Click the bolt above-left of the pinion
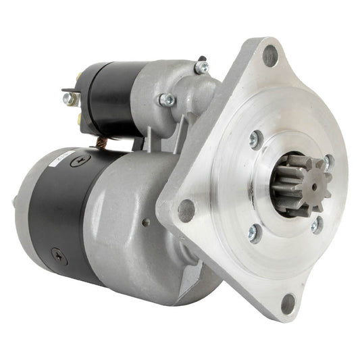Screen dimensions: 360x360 [x=255, y=139]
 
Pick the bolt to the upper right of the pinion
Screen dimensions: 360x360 [x=328, y=162]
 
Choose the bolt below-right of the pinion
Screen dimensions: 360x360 [x=316, y=226]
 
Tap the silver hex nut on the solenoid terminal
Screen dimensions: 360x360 [x=68, y=99]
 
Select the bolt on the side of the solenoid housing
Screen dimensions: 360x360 [x=165, y=101]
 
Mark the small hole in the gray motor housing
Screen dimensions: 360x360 [x=144, y=221]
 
